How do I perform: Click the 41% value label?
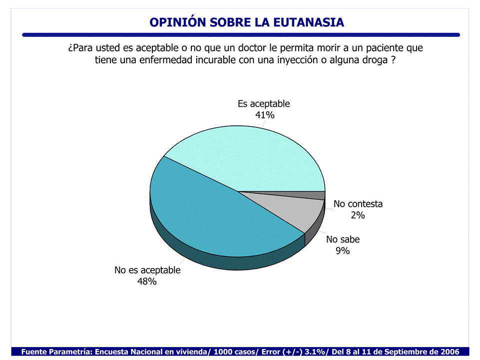point(264,115)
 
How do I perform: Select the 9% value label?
point(343,251)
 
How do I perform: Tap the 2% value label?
point(358,215)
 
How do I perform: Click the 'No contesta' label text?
point(358,204)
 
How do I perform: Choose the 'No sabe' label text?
point(343,239)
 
